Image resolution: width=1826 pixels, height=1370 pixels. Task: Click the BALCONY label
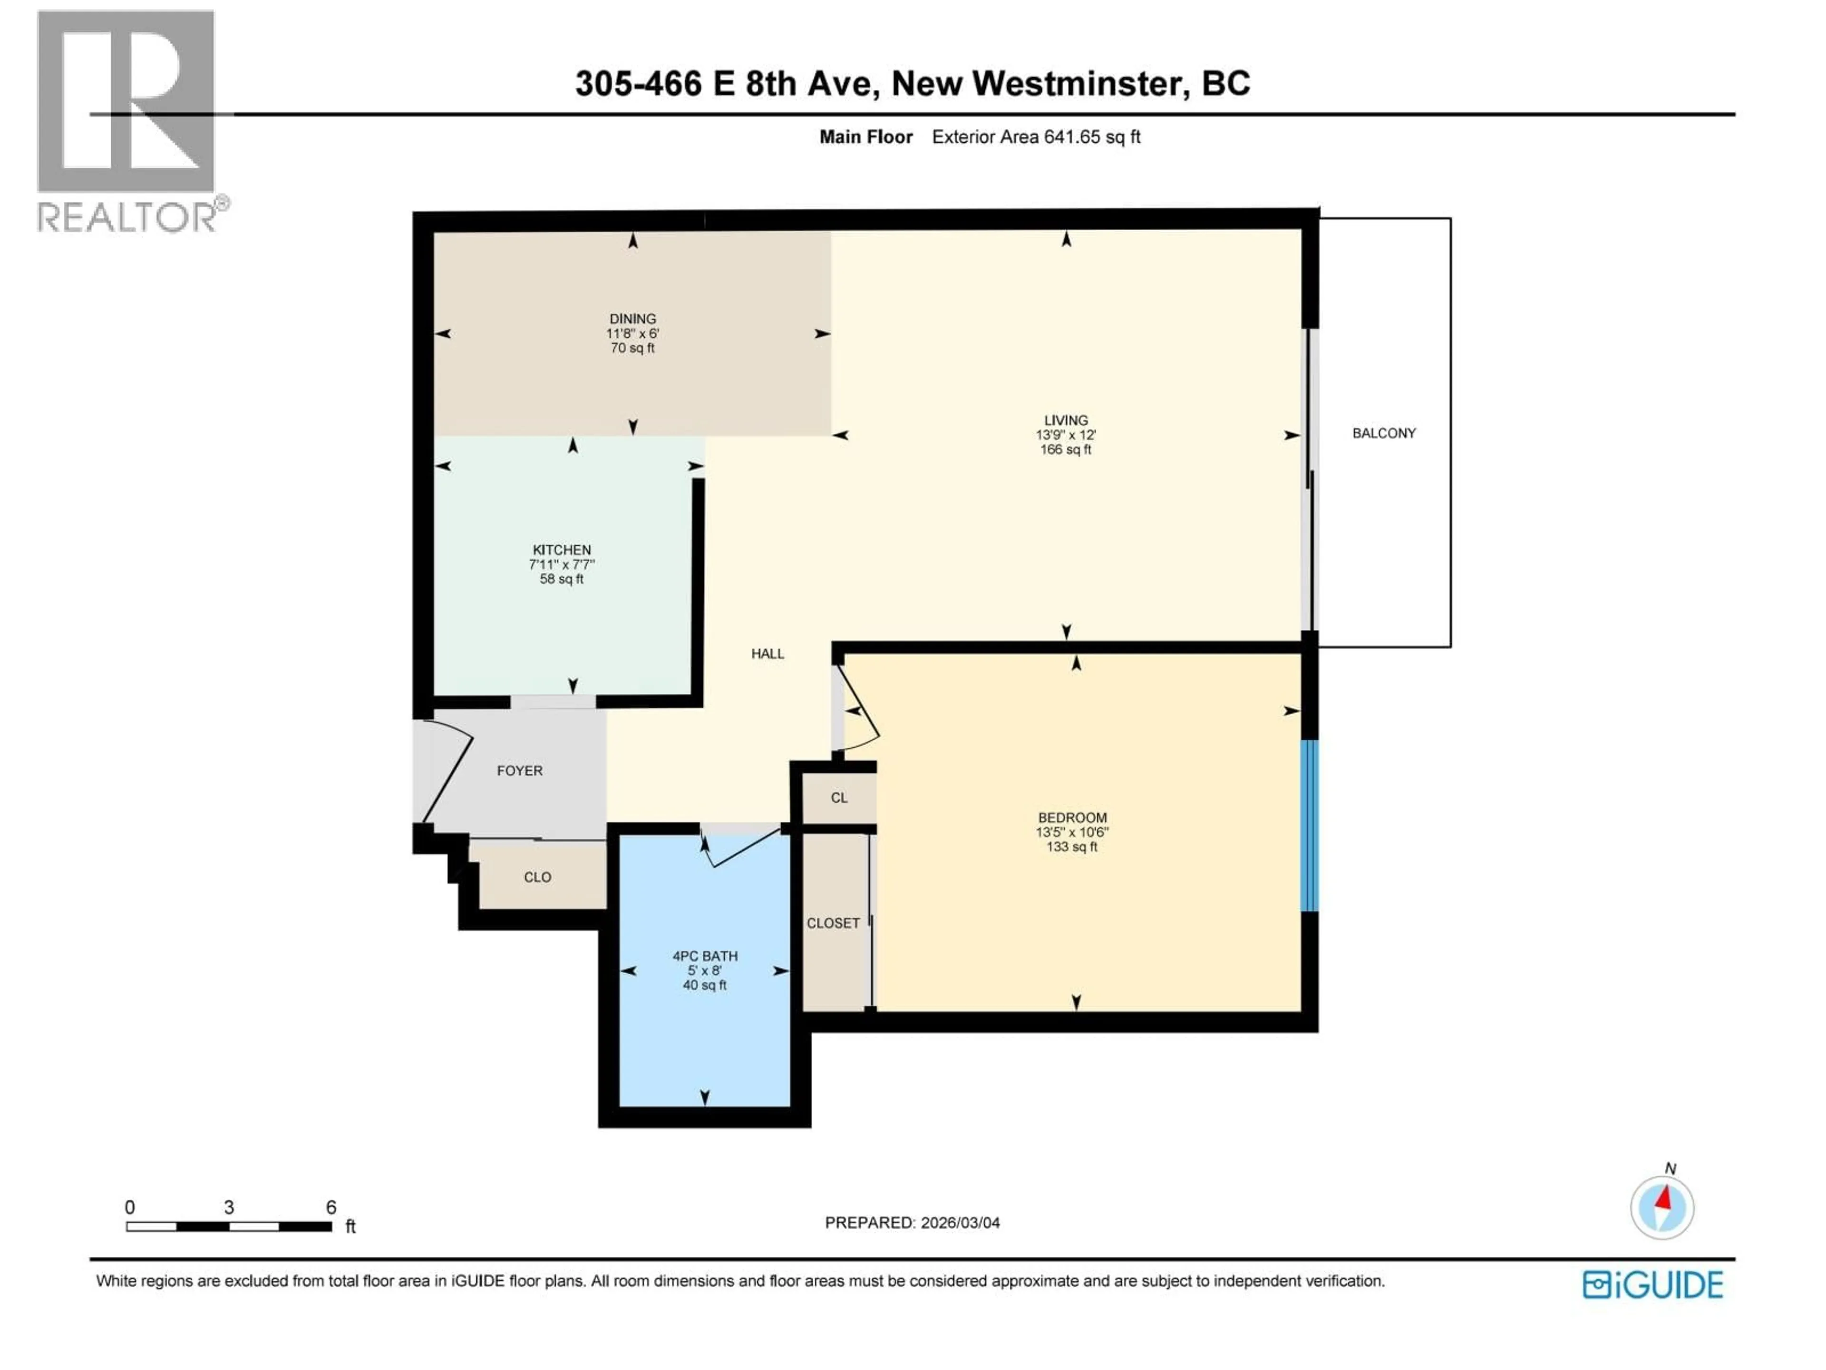click(x=1384, y=433)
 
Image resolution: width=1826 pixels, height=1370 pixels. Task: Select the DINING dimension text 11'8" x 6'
click(x=632, y=333)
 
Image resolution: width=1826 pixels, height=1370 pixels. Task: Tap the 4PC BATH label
click(x=704, y=956)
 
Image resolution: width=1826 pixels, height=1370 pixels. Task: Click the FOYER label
click(x=519, y=771)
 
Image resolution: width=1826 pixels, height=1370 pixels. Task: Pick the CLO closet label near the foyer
click(x=537, y=877)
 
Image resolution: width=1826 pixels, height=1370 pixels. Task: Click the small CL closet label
click(x=839, y=798)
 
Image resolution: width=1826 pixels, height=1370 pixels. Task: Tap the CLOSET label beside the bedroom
click(x=833, y=923)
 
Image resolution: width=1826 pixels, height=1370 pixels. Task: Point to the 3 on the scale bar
click(x=229, y=1207)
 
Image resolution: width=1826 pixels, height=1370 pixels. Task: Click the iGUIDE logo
click(x=1652, y=1285)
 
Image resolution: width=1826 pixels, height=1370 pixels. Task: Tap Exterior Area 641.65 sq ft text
click(x=1036, y=137)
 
